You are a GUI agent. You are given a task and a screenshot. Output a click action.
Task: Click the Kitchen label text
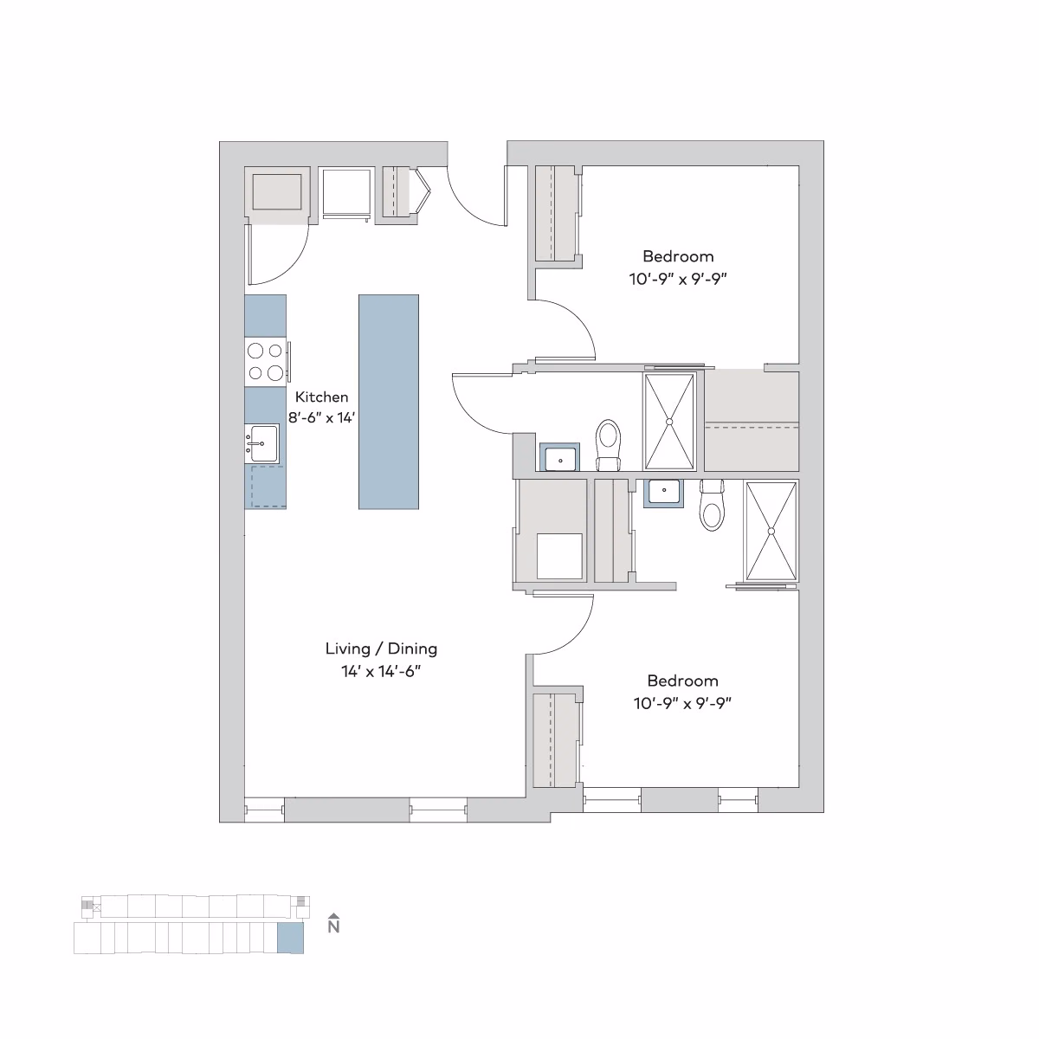click(x=322, y=397)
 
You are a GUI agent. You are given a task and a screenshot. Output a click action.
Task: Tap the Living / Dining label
click(x=381, y=649)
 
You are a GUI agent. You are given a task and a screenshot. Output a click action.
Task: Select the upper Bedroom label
click(x=678, y=256)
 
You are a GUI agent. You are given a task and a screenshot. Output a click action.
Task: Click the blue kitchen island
click(x=389, y=402)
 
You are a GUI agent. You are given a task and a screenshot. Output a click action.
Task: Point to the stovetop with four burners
click(x=266, y=362)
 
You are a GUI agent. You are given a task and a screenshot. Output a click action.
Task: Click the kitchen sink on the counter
click(x=262, y=443)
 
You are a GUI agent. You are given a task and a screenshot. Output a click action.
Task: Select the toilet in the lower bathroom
click(x=712, y=505)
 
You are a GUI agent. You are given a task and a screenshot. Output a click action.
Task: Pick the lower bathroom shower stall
click(x=771, y=532)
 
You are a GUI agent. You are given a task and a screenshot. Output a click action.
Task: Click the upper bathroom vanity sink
click(x=561, y=457)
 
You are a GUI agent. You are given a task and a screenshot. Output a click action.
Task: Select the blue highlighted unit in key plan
click(x=290, y=938)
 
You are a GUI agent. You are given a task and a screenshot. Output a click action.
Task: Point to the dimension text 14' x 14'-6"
click(x=381, y=671)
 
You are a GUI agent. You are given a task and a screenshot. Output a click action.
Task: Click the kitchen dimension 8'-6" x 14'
click(x=322, y=416)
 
